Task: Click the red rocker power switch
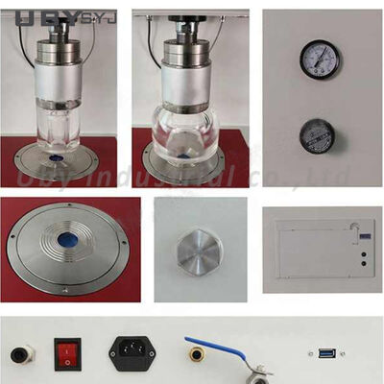[x=66, y=354]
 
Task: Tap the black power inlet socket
[x=132, y=352]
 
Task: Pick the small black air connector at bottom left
[x=18, y=354]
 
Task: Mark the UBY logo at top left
[x=30, y=15]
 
